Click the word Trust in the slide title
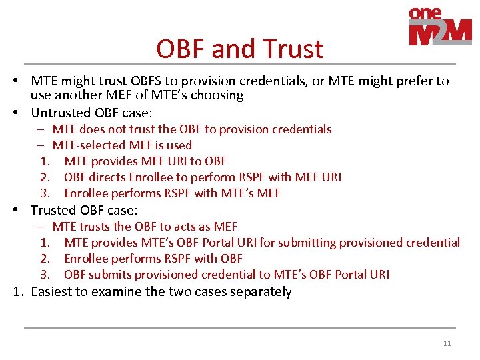click(x=293, y=49)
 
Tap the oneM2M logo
click(x=440, y=27)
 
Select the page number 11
click(x=447, y=343)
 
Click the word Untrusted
click(x=61, y=113)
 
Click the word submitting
click(x=307, y=243)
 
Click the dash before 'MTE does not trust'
click(x=41, y=129)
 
